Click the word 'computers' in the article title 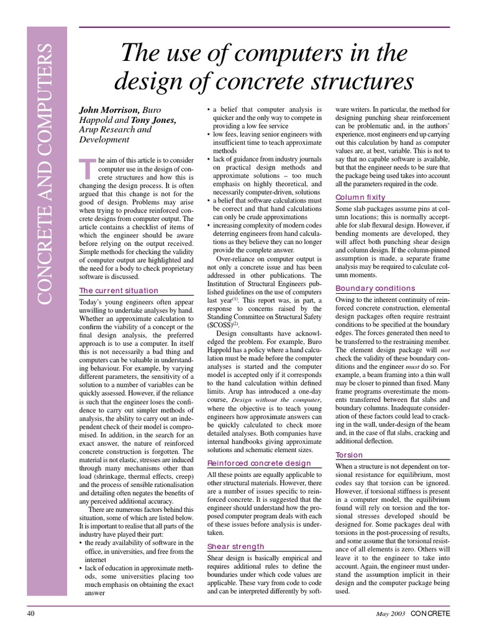(x=289, y=53)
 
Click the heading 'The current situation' (x=118, y=291)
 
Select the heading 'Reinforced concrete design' (x=259, y=463)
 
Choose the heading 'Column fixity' (x=360, y=198)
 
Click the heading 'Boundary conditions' (x=375, y=288)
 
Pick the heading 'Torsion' (x=349, y=455)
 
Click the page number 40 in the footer (x=31, y=614)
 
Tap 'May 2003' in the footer (x=390, y=614)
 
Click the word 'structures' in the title (x=361, y=81)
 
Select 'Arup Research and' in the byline (x=114, y=130)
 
